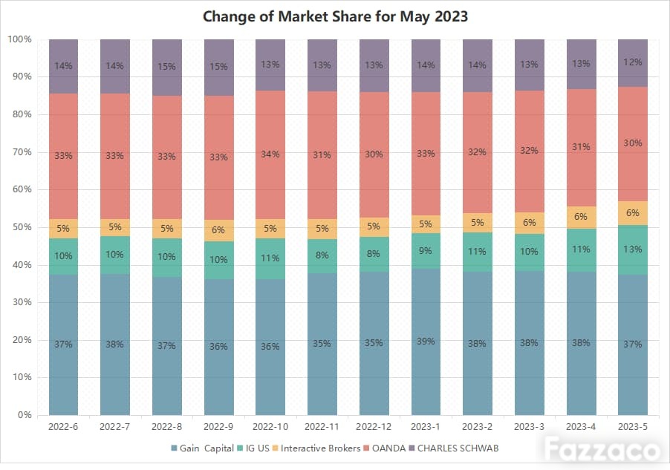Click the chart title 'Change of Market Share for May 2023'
click(335, 16)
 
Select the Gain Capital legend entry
click(202, 448)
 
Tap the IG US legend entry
click(253, 448)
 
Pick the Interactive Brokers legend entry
click(316, 448)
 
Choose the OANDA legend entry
click(384, 448)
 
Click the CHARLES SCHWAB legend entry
click(454, 448)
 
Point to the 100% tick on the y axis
click(19, 39)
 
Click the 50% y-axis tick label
click(22, 227)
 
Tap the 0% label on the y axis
click(25, 414)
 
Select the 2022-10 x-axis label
click(270, 426)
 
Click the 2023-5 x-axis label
click(633, 426)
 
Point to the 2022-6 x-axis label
click(63, 426)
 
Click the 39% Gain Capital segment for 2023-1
click(426, 342)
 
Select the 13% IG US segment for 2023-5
click(633, 249)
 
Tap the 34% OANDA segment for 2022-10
click(270, 154)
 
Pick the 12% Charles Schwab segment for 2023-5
click(633, 63)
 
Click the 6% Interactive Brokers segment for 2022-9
click(218, 230)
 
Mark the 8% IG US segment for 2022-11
click(322, 256)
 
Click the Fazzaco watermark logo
click(602, 449)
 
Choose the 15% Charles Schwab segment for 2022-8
click(166, 67)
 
